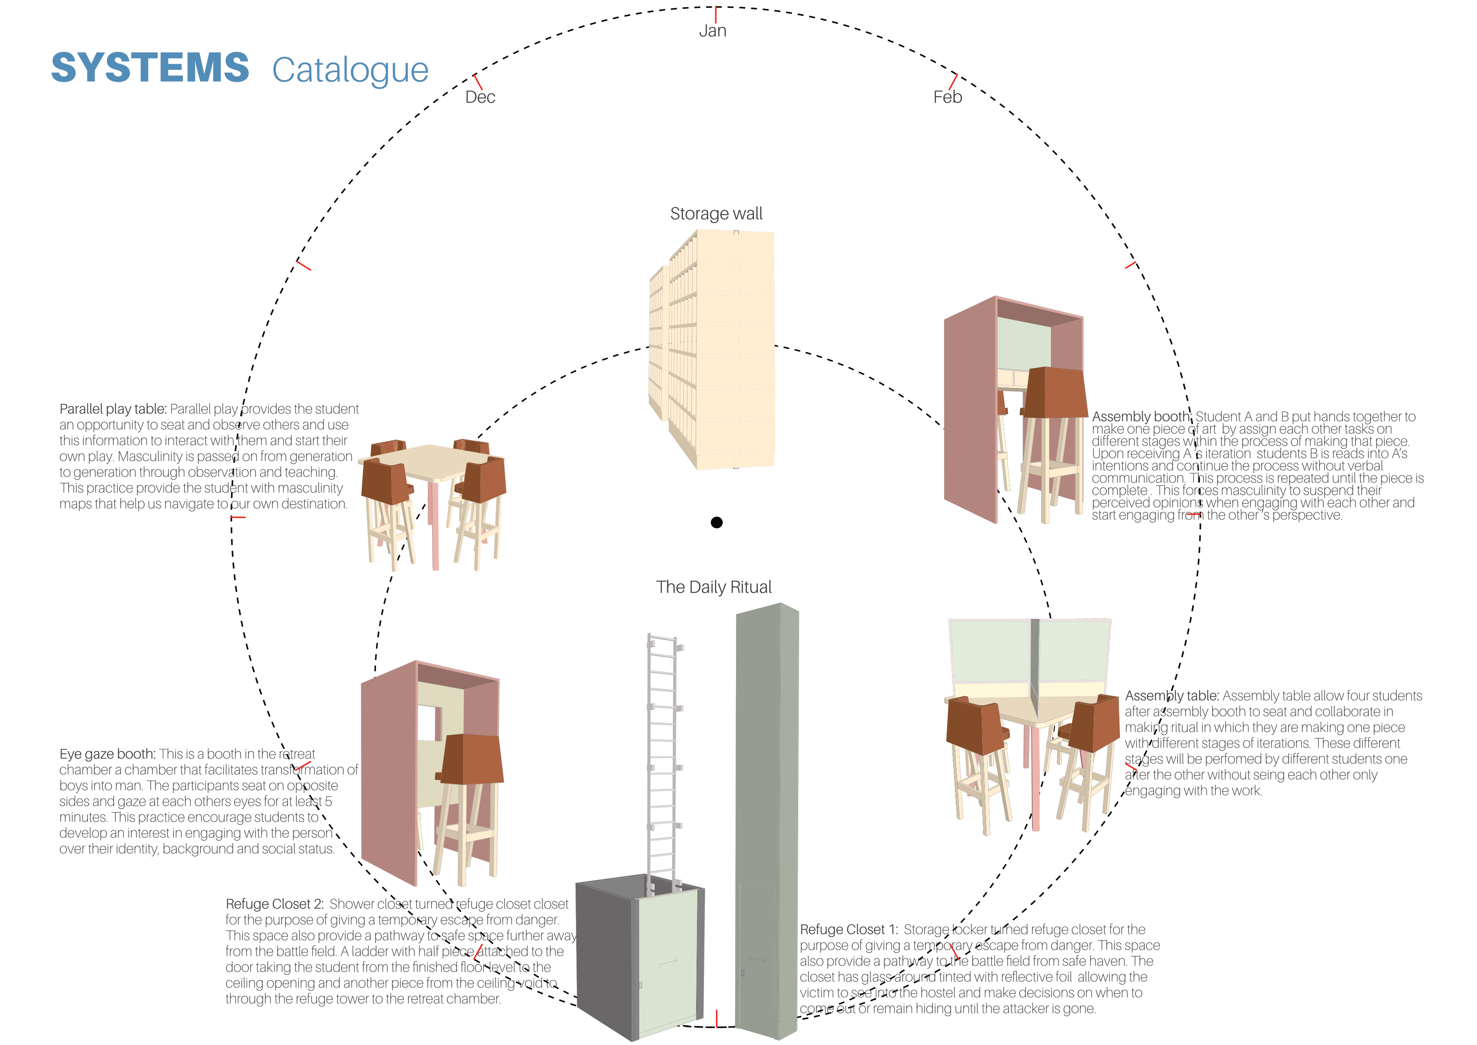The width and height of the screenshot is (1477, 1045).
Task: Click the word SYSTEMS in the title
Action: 150,68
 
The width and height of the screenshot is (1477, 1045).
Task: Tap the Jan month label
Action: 713,31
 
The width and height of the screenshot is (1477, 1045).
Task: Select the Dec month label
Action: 480,97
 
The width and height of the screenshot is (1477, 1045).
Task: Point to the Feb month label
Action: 948,97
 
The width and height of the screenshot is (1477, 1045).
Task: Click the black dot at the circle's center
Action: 717,522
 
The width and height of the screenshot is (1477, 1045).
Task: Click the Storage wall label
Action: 716,214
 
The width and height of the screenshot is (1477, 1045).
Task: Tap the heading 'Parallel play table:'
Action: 112,409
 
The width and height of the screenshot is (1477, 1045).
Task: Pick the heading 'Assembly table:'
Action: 1171,696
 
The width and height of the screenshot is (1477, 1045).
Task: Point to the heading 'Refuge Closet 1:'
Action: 848,930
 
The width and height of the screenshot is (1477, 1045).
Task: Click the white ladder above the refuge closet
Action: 663,759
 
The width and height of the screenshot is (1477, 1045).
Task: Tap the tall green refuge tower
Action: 767,804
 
